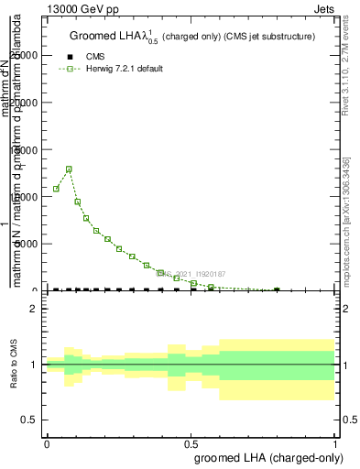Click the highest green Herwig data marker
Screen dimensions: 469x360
(x=69, y=169)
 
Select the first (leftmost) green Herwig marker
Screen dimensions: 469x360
(x=56, y=189)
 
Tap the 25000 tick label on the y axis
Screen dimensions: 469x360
(x=24, y=55)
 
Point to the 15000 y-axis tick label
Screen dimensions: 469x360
(x=24, y=149)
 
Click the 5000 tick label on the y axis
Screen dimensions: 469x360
(x=27, y=244)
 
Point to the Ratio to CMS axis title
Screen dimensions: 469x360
(x=14, y=365)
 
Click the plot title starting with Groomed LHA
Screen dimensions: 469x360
(x=192, y=37)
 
